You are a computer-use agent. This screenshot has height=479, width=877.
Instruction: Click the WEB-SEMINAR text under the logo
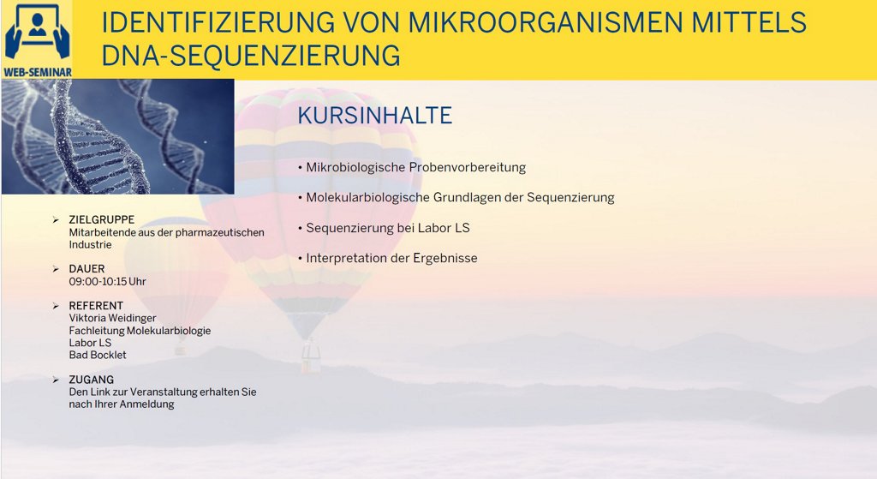[38, 72]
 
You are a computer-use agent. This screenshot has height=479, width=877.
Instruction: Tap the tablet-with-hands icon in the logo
[37, 32]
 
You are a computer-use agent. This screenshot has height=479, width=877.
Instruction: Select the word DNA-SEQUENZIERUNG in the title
[251, 56]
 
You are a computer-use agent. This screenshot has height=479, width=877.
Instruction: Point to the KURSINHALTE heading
[375, 116]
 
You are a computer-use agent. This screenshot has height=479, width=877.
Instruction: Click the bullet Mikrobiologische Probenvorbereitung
[415, 167]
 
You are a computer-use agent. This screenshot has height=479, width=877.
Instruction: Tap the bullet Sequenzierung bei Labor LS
[388, 228]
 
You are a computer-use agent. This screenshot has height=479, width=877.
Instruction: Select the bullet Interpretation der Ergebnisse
[391, 258]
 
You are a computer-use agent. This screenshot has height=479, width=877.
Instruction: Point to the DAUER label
[87, 268]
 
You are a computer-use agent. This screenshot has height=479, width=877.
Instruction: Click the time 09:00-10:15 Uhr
[107, 281]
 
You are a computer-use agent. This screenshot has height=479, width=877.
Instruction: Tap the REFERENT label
[96, 306]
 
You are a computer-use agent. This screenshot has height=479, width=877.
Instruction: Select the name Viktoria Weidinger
[112, 318]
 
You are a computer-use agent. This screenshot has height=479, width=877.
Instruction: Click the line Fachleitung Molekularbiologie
[140, 331]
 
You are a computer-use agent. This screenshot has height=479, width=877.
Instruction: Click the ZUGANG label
[91, 380]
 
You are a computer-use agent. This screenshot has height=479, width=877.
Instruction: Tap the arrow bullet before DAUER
[56, 269]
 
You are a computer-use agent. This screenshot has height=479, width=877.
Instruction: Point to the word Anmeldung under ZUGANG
[148, 404]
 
